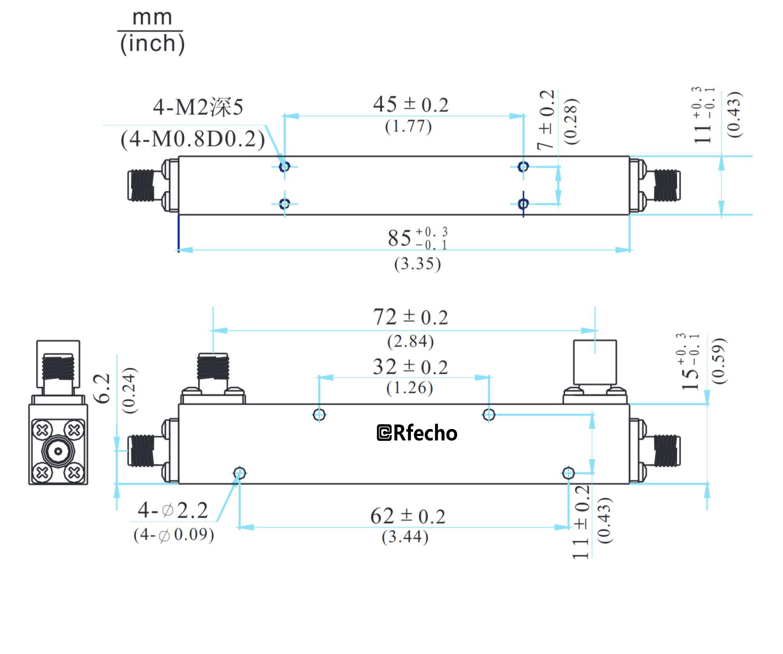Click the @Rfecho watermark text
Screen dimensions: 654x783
pos(417,433)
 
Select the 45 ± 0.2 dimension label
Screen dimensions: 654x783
pos(410,105)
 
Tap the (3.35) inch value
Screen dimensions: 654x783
pos(417,264)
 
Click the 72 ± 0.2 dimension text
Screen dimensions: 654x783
pos(410,317)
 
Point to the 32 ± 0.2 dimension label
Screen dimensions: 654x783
pos(410,367)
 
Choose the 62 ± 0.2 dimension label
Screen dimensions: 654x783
pos(408,517)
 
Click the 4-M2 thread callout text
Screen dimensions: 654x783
pos(198,107)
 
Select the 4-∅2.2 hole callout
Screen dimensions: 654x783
pos(173,510)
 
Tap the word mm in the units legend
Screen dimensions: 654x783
pos(152,17)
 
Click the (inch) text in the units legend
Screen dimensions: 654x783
pos(152,44)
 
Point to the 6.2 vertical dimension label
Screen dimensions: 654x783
pos(103,388)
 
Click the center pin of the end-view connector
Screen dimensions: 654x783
pos(58,451)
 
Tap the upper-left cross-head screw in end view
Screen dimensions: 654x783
pos(42,431)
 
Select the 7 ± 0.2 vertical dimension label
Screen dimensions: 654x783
pos(546,120)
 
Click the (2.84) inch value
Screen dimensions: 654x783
pos(410,341)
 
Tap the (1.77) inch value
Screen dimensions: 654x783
pos(408,126)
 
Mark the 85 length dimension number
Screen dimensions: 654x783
pos(400,238)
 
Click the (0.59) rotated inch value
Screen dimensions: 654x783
pos(719,361)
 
